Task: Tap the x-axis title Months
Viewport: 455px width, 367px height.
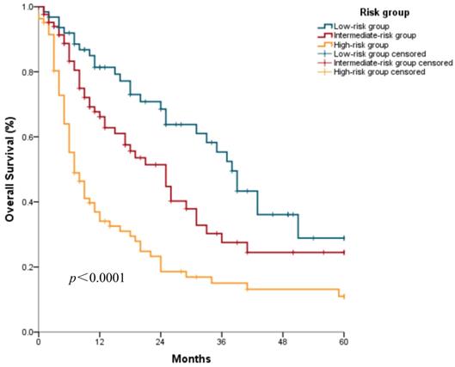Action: click(191, 356)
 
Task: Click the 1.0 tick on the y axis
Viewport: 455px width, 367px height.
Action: click(28, 7)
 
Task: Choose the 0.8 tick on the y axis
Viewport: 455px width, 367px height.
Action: click(28, 72)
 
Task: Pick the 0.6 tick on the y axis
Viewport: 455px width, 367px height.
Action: click(28, 138)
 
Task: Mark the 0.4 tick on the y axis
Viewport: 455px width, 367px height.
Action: click(28, 202)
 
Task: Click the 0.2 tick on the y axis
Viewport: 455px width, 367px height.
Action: click(28, 267)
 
